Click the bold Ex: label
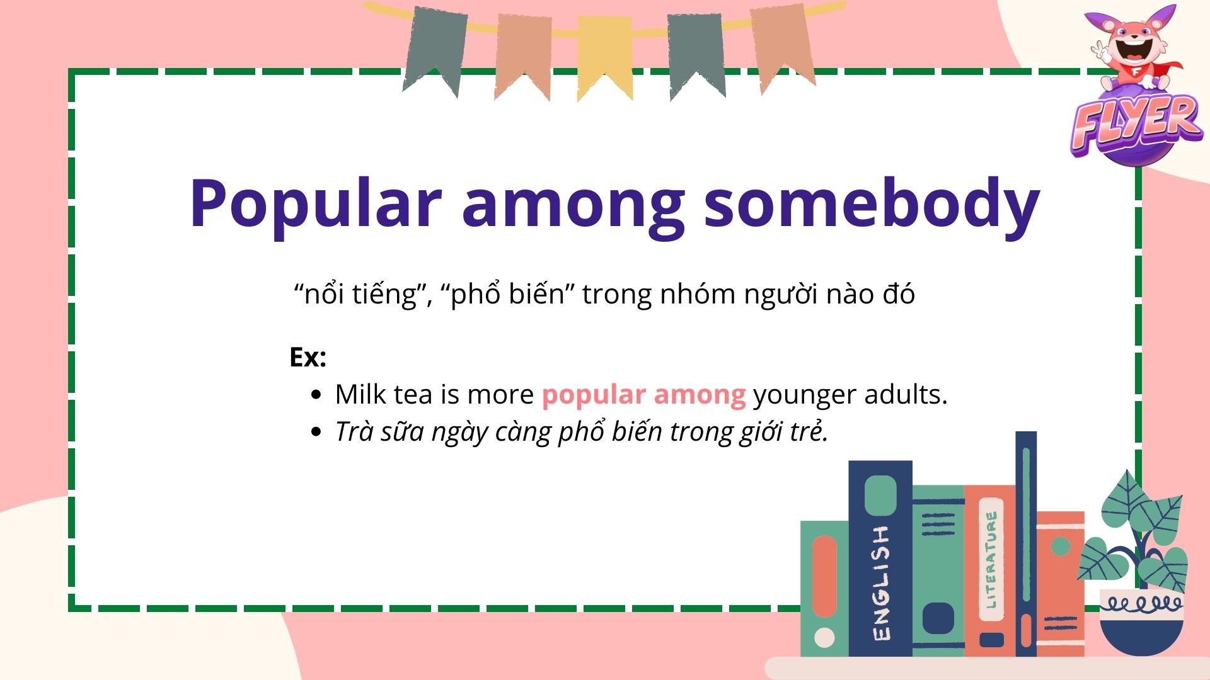tap(308, 358)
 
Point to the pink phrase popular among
tap(643, 395)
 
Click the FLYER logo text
tap(1134, 123)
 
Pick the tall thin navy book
tap(1026, 541)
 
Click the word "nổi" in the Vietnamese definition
tap(321, 294)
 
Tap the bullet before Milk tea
tap(316, 395)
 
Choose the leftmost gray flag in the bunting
tap(435, 47)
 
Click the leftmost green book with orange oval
tap(824, 589)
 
